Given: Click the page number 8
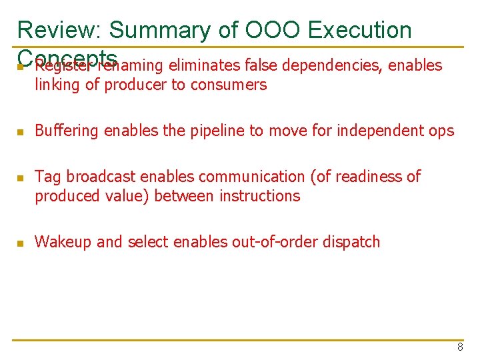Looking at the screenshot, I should point(460,347).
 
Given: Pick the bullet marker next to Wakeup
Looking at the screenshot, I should point(20,243).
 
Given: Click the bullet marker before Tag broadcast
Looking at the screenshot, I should point(20,178).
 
